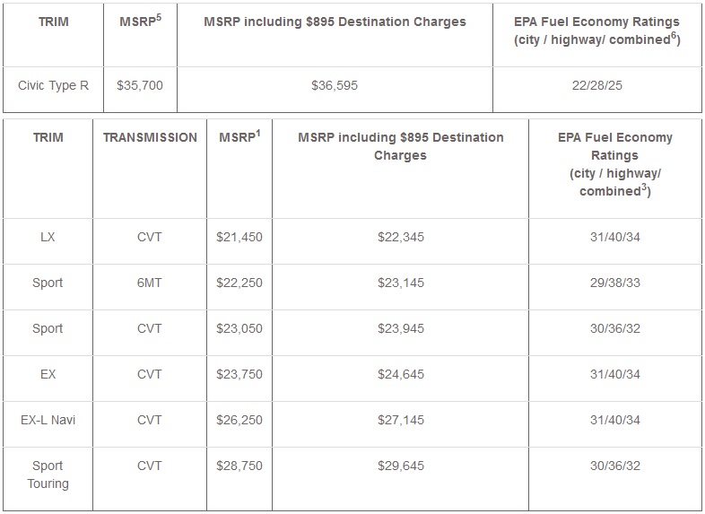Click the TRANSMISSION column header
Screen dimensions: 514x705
tap(150, 138)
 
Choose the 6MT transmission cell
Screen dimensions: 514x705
tap(150, 283)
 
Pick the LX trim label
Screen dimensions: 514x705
tap(48, 237)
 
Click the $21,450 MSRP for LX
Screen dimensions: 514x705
tap(239, 237)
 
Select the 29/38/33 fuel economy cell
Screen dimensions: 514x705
tap(614, 283)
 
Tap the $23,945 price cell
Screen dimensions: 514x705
tap(400, 328)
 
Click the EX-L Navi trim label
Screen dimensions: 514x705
tap(48, 420)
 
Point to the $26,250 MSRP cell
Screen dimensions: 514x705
tap(239, 420)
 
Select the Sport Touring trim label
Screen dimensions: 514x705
tap(48, 475)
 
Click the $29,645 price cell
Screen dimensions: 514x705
tap(400, 466)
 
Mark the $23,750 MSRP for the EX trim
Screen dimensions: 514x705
tap(239, 374)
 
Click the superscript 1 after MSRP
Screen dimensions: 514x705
tap(258, 133)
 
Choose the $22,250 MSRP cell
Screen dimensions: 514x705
tap(239, 283)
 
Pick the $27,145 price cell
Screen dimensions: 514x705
tap(400, 420)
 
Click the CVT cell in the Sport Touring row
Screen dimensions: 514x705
tap(150, 466)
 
